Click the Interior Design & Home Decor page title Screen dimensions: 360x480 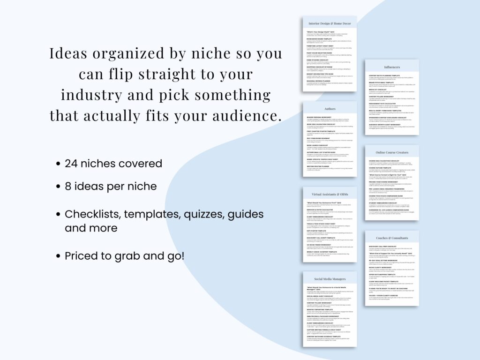[x=330, y=23]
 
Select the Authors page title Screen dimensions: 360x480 [x=330, y=109]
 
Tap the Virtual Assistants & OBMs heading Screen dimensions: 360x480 [x=330, y=194]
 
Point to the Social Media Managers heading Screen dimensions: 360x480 [x=330, y=279]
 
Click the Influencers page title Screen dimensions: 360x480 [x=391, y=67]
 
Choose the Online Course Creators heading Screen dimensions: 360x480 [x=391, y=152]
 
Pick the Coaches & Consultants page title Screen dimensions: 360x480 [x=391, y=238]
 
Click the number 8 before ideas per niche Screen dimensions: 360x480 [x=68, y=186]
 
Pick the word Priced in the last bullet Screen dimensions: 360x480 [x=81, y=256]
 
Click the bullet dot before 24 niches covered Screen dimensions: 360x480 [x=58, y=164]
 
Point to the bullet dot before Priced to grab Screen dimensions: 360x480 [x=58, y=256]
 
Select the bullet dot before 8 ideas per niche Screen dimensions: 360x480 [x=58, y=187]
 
